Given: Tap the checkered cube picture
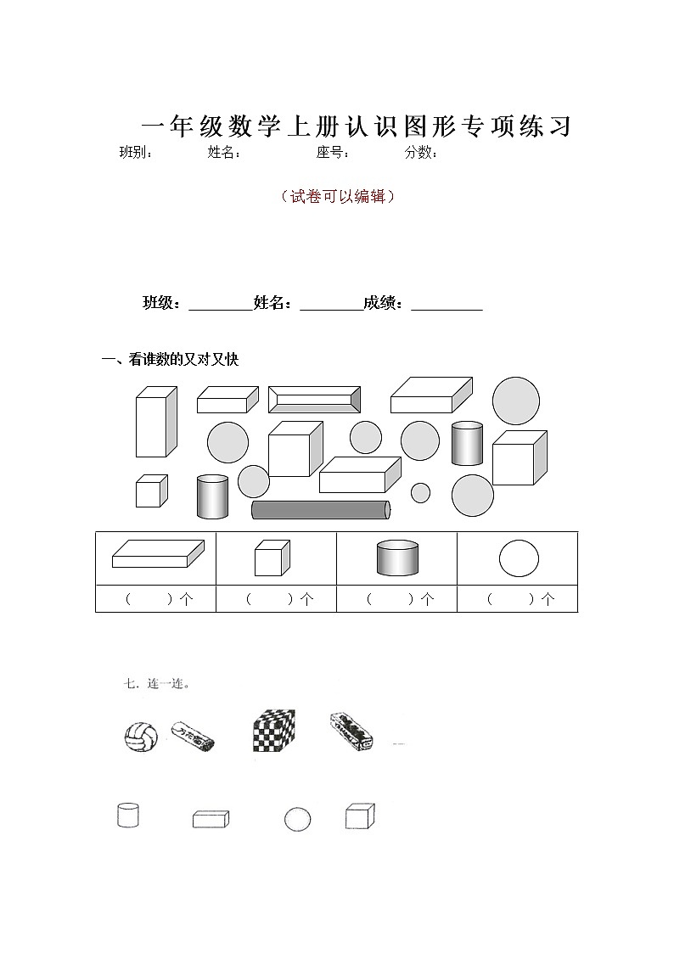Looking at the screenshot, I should click(273, 730).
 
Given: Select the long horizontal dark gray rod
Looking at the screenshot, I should click(321, 509).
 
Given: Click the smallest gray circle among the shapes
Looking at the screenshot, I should click(420, 492).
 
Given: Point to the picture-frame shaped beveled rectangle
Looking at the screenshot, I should click(315, 400).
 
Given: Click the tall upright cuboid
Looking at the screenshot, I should click(155, 422).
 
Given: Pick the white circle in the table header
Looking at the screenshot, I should click(518, 558).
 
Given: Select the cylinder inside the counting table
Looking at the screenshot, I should click(397, 558).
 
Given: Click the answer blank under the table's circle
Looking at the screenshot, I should click(518, 599).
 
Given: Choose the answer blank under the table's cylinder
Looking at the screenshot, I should click(397, 599).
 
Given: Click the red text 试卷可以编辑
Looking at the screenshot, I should click(337, 197).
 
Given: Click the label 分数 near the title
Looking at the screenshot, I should click(420, 153).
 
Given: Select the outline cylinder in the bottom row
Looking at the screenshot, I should click(127, 816).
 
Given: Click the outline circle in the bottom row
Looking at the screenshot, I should click(297, 819).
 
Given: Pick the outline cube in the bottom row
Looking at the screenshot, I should click(359, 816).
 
